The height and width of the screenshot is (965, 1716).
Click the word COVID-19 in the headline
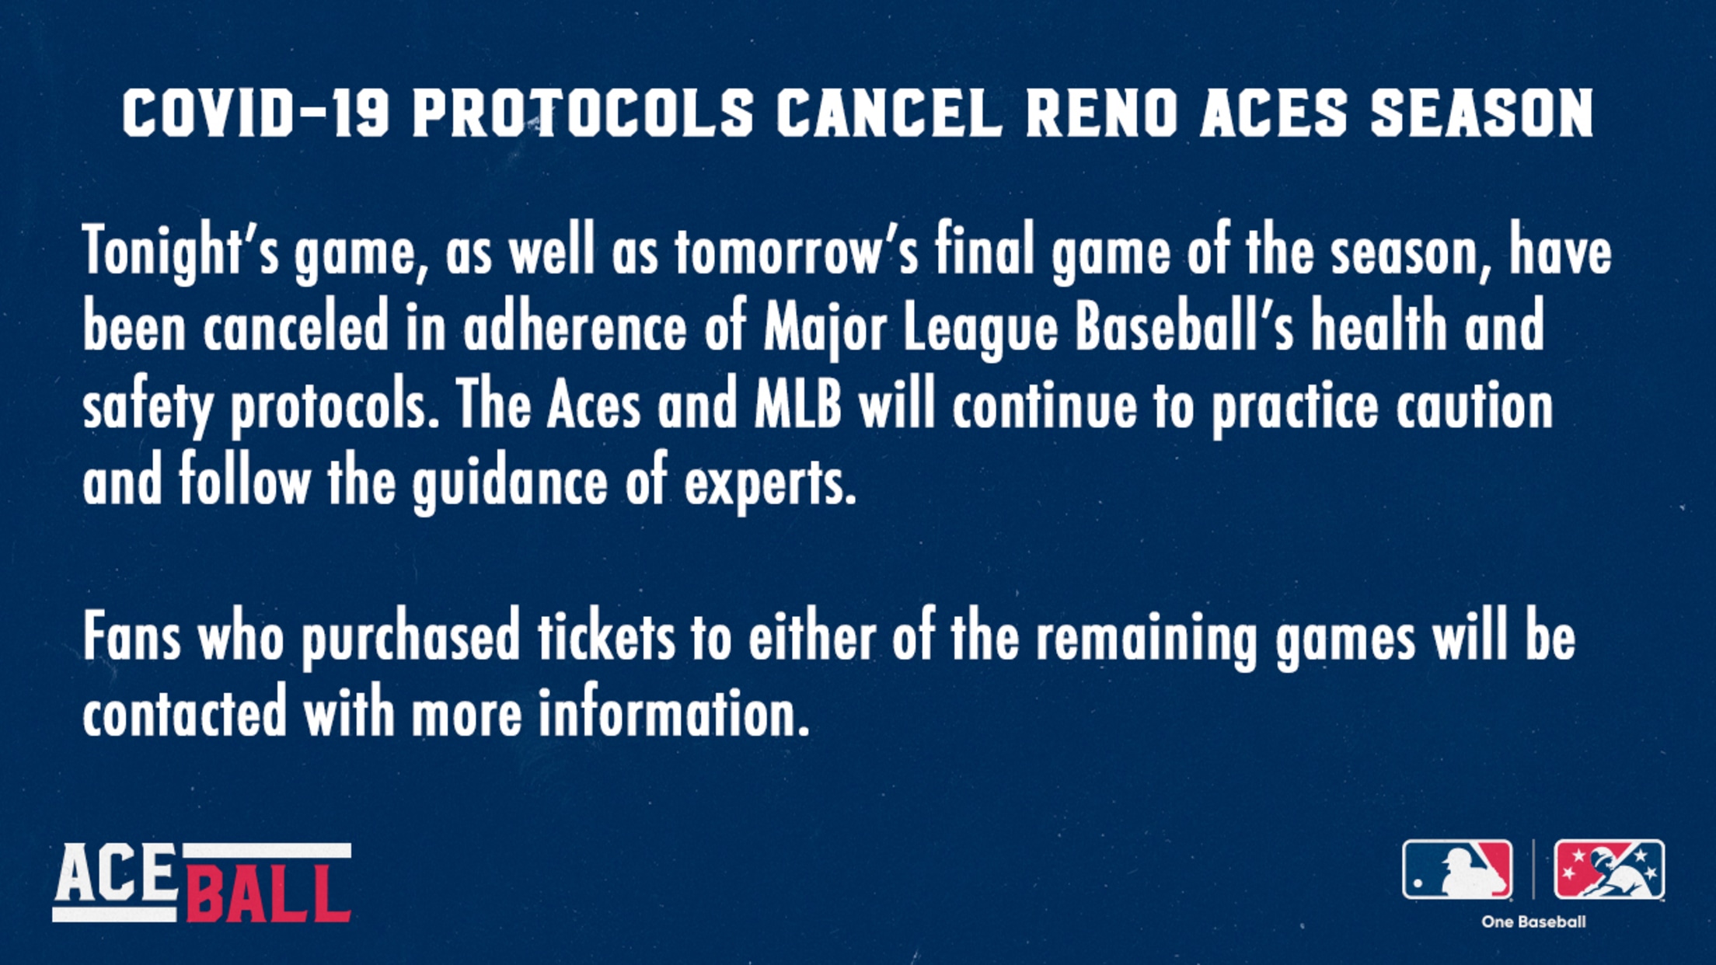(x=256, y=113)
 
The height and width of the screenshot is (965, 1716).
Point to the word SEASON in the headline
(x=1482, y=113)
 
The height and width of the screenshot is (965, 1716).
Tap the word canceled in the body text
(x=296, y=326)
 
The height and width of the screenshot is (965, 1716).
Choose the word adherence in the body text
(x=575, y=326)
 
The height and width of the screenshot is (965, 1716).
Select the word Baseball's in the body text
(x=1185, y=326)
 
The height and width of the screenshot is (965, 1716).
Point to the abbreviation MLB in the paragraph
(x=798, y=404)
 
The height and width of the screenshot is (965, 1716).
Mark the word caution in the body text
(x=1474, y=404)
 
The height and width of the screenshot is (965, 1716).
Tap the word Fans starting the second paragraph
(x=132, y=637)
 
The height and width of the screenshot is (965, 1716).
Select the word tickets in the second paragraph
(x=607, y=637)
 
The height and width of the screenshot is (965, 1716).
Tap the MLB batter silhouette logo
(x=1457, y=869)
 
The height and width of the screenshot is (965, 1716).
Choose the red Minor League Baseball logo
(x=1609, y=869)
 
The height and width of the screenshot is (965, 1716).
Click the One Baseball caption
(x=1533, y=922)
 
